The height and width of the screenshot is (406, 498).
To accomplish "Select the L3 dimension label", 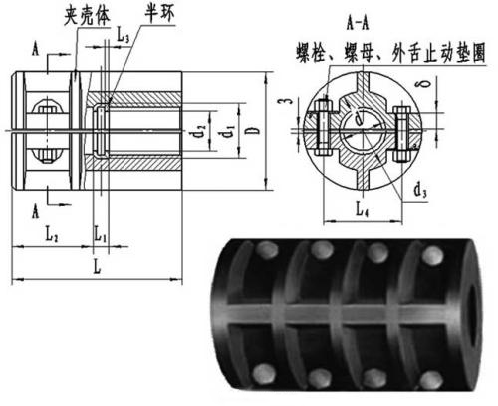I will [x=122, y=37].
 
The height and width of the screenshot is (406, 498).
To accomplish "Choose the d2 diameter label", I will [x=203, y=128].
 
